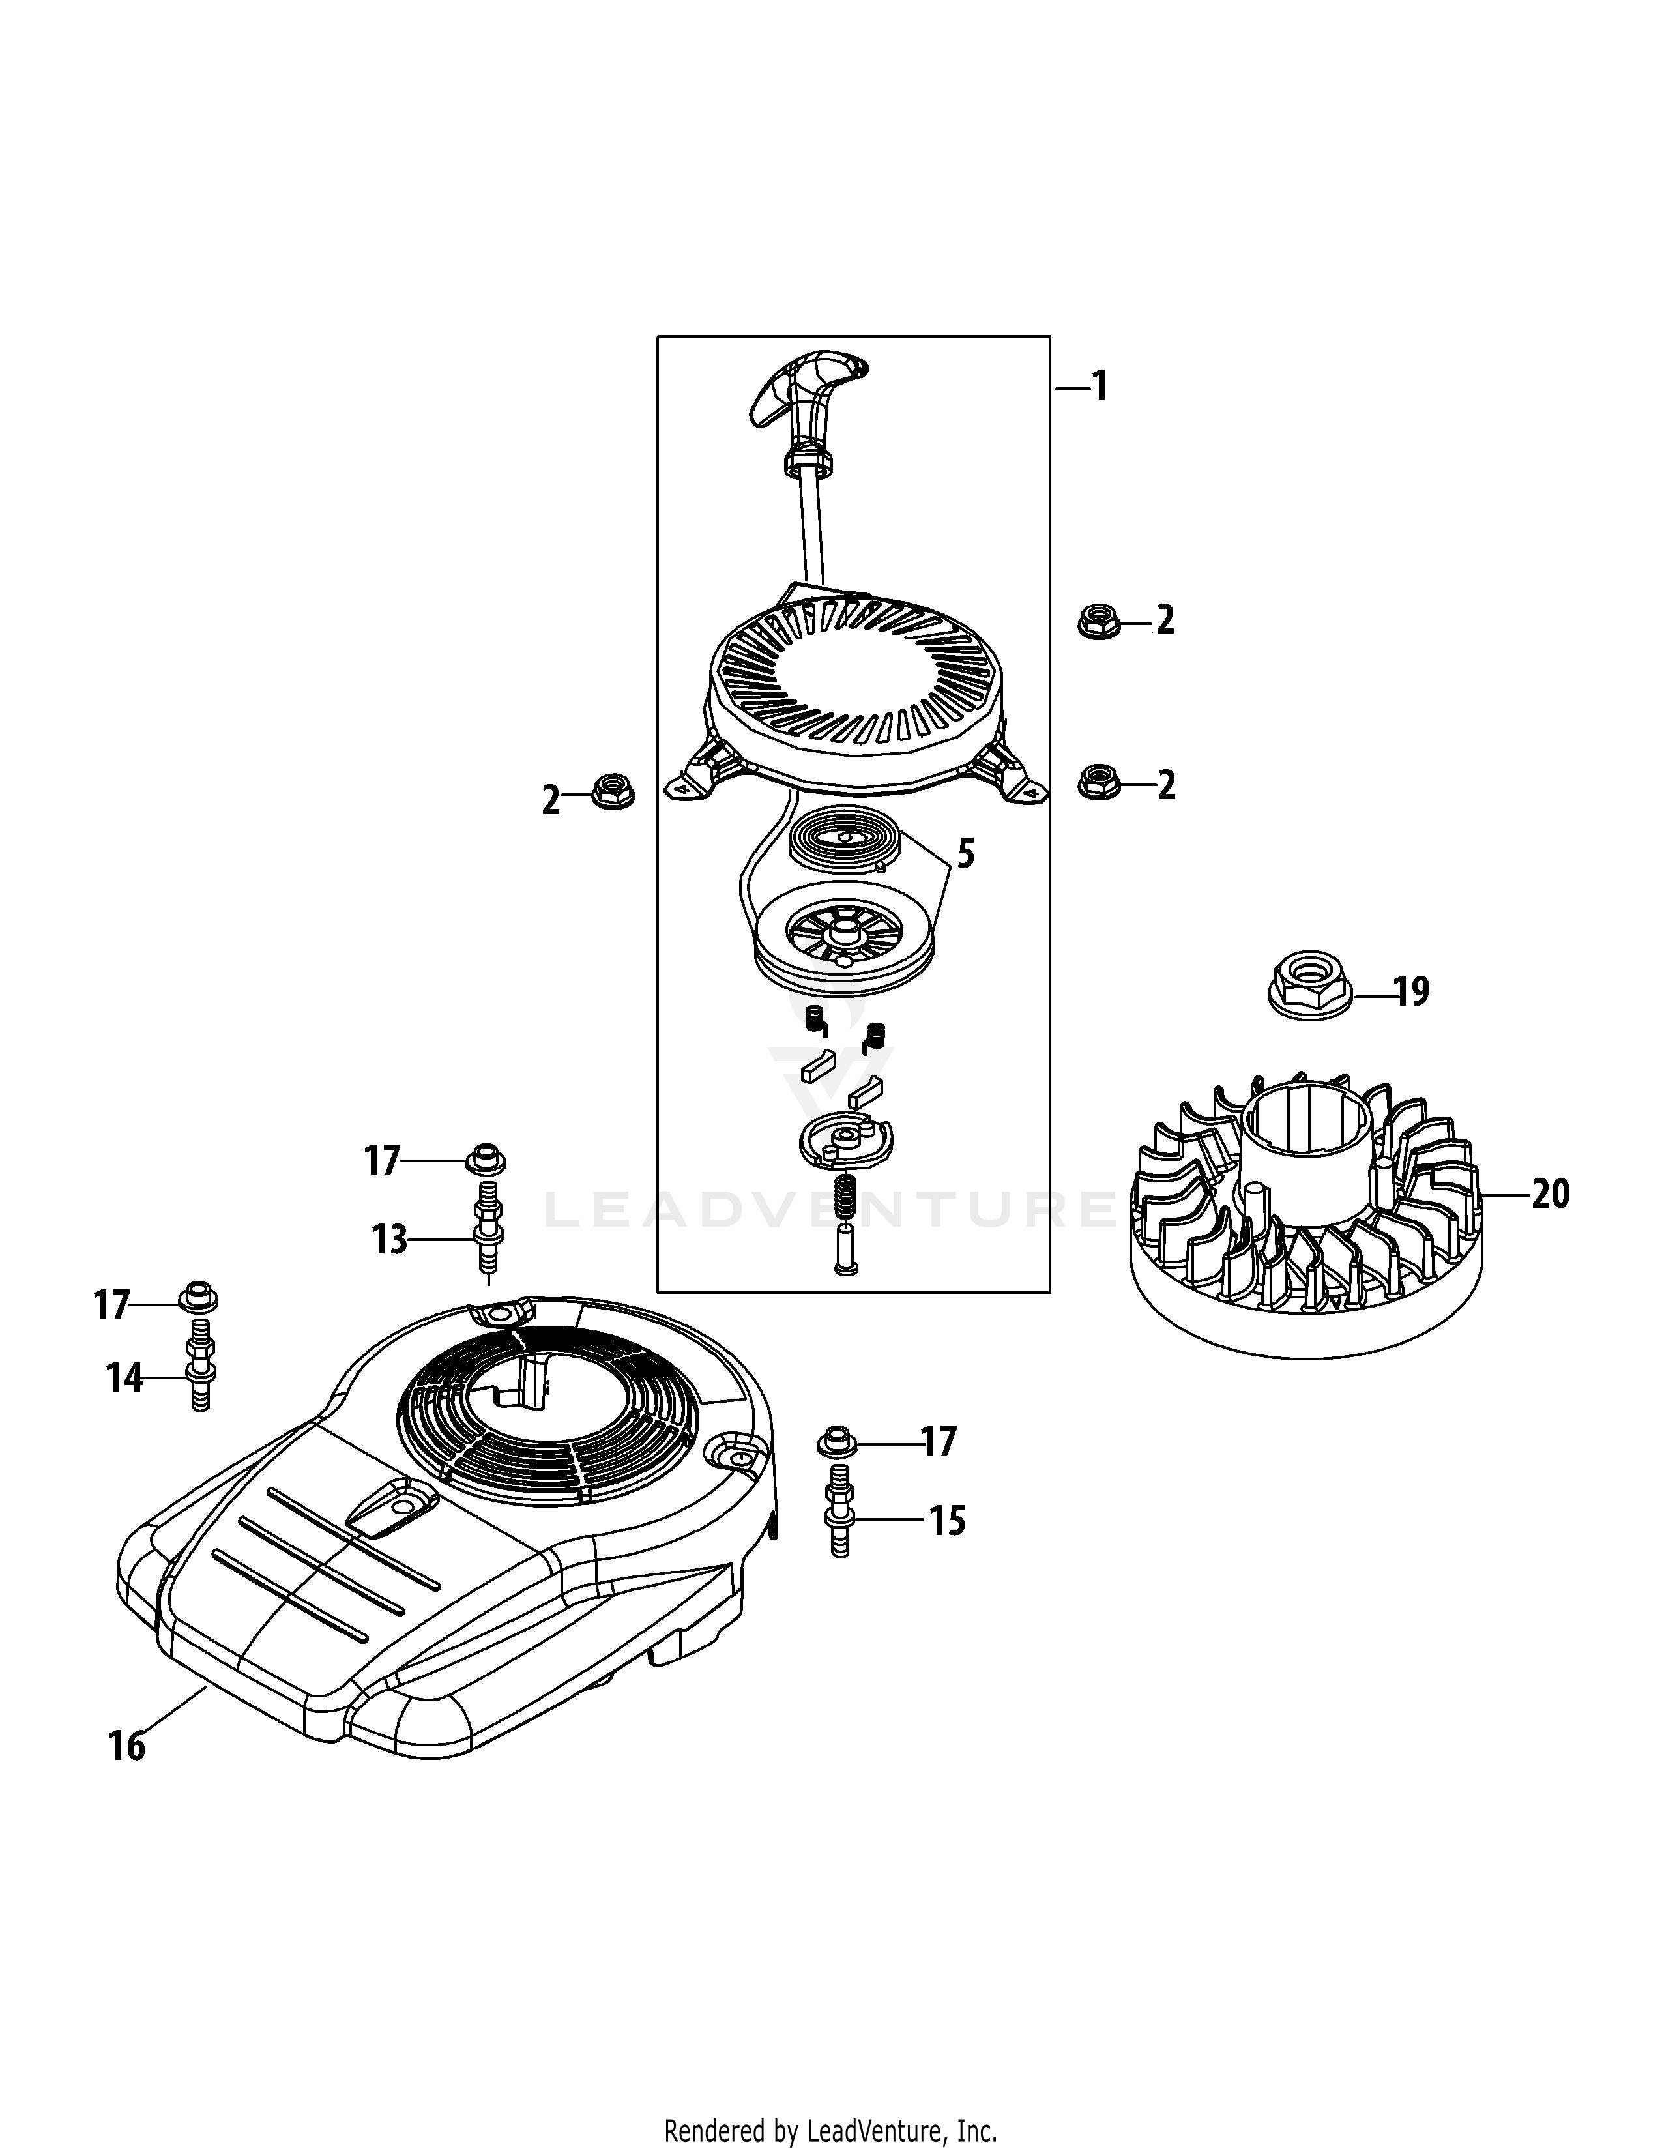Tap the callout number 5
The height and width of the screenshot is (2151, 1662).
(x=966, y=853)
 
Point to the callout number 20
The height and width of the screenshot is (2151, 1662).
(x=1551, y=1195)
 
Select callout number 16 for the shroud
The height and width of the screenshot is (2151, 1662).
(x=127, y=1746)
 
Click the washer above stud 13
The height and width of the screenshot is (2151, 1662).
(x=486, y=1159)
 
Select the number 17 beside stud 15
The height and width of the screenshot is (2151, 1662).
(x=939, y=1442)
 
